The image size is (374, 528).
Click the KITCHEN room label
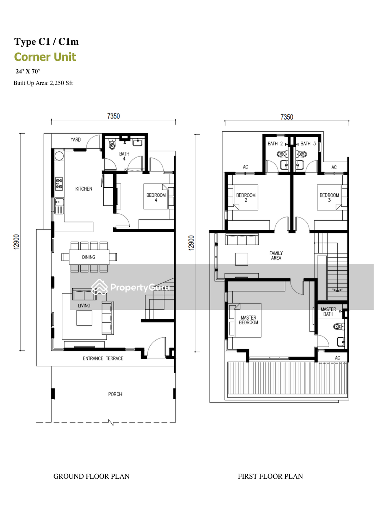tap(84, 189)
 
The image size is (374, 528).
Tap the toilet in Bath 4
tap(112, 144)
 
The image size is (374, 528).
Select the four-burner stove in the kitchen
tap(59, 184)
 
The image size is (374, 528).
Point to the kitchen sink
tap(59, 206)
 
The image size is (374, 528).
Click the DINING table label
tap(89, 257)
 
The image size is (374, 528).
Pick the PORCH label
tap(115, 394)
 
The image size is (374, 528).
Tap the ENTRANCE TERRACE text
tap(103, 359)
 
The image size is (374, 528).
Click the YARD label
tap(75, 139)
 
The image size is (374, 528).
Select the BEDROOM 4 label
tap(156, 197)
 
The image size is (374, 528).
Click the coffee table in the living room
tap(84, 318)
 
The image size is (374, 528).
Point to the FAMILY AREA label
tap(276, 256)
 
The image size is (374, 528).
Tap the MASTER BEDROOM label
tap(249, 320)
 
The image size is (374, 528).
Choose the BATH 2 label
tap(275, 144)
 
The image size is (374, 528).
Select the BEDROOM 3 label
tap(329, 197)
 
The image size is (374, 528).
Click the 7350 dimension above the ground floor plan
tap(114, 116)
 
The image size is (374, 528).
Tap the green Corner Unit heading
tap(45, 57)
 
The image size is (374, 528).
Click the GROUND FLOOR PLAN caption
tap(91, 476)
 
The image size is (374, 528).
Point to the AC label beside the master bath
tap(337, 358)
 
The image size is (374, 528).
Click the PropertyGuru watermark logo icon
tap(99, 287)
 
